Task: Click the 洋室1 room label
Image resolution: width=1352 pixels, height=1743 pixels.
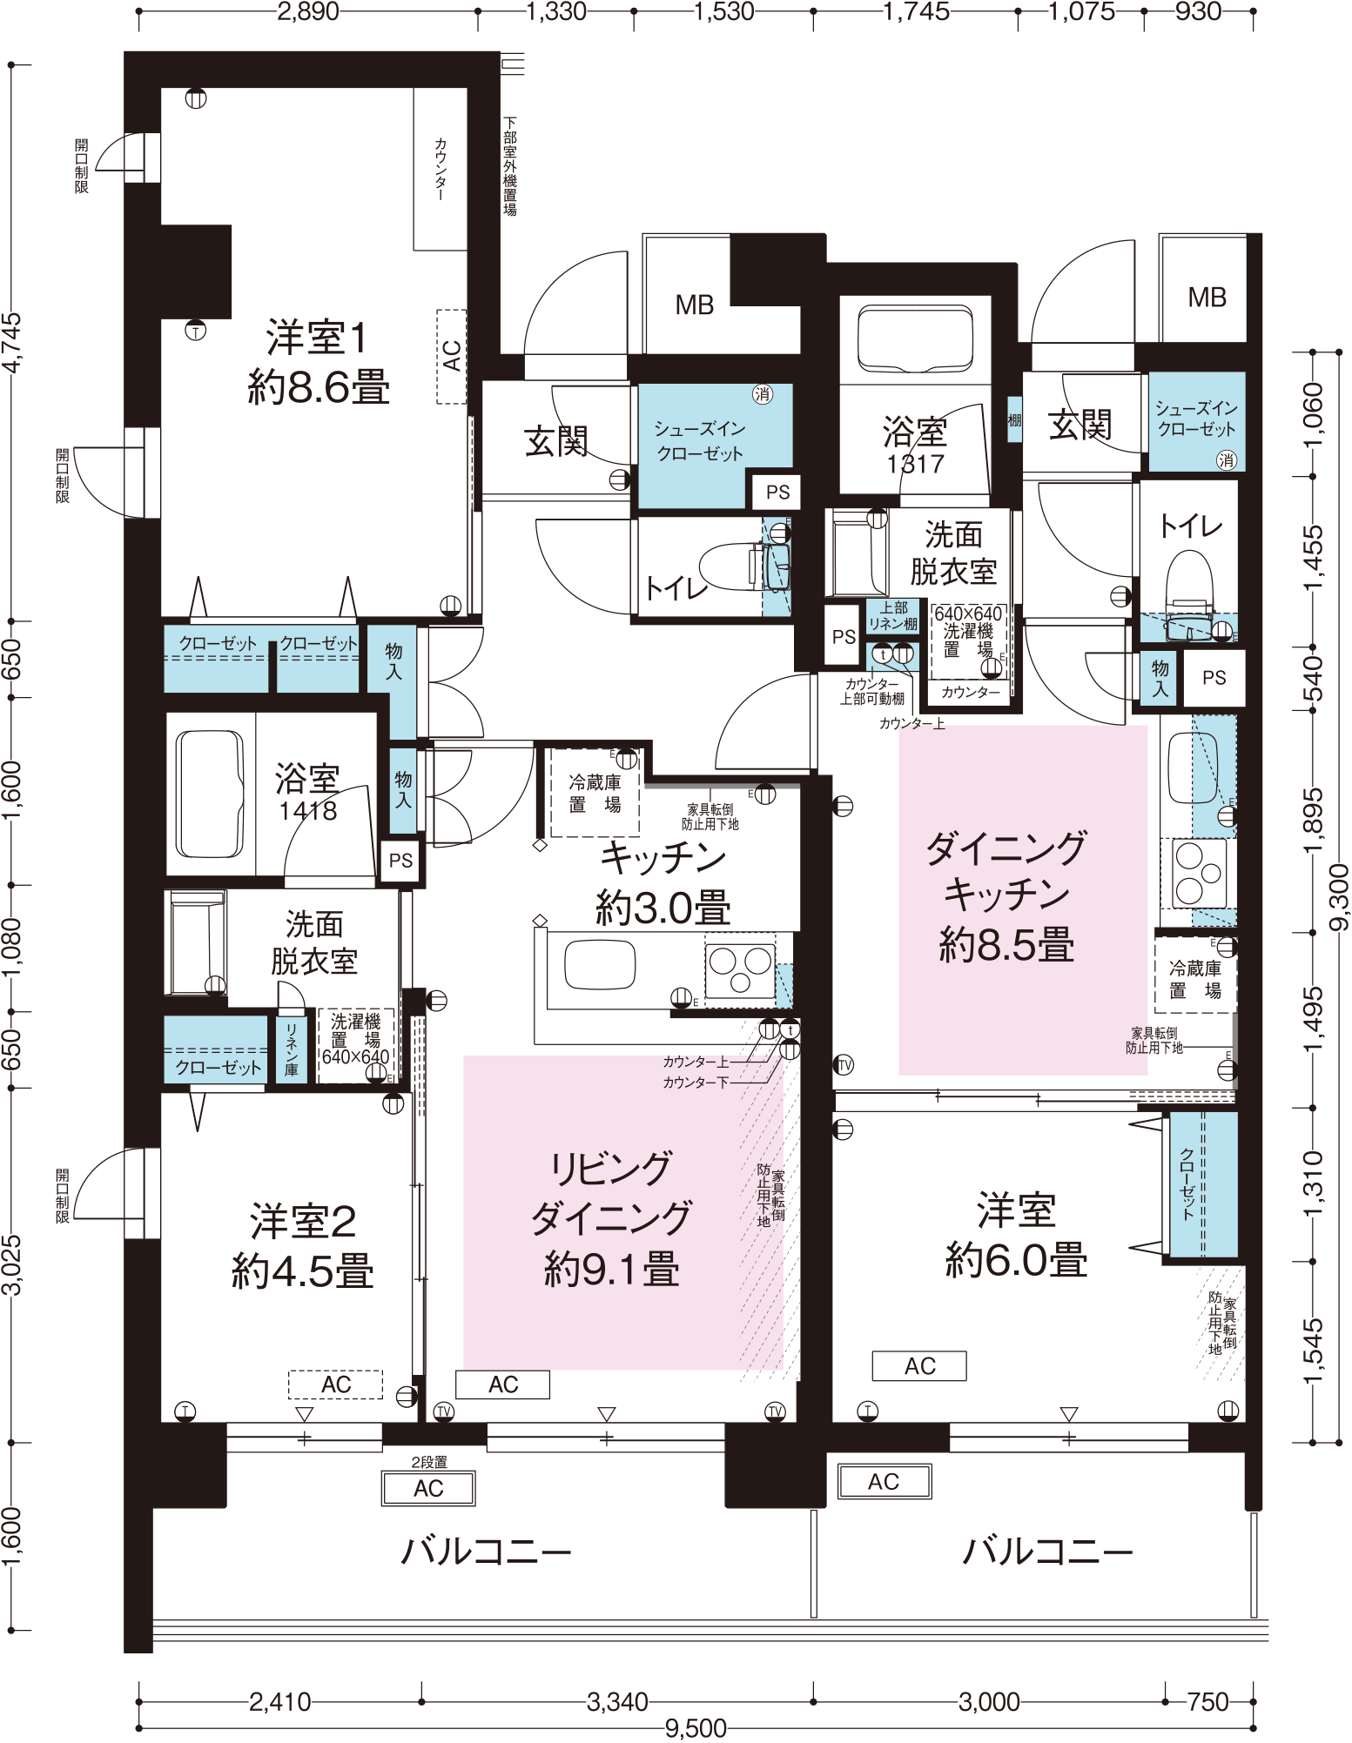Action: [x=318, y=361]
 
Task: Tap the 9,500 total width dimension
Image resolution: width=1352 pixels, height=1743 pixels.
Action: [x=695, y=1728]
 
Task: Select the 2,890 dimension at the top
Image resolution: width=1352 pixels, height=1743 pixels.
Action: [x=307, y=11]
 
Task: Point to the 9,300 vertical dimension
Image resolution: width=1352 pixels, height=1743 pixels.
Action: [x=1339, y=896]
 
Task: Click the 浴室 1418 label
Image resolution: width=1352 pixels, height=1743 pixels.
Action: [x=307, y=792]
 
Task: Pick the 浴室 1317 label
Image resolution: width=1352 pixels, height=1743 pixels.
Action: [x=915, y=445]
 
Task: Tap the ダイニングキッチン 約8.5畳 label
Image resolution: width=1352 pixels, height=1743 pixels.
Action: [x=1006, y=896]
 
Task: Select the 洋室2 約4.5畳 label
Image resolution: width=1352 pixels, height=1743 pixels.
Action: [x=303, y=1246]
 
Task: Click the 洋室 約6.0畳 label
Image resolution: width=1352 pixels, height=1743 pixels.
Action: [x=1016, y=1235]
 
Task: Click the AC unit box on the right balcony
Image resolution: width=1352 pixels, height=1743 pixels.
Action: [x=884, y=1481]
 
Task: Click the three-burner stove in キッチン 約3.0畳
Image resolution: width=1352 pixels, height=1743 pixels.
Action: [x=740, y=969]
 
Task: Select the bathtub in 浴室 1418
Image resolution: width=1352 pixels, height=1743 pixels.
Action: [x=210, y=794]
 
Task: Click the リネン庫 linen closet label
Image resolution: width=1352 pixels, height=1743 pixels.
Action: [x=291, y=1049]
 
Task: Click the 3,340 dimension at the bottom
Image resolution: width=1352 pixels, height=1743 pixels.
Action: [x=617, y=1701]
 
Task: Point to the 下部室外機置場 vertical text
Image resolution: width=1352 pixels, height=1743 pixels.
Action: [x=510, y=166]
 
